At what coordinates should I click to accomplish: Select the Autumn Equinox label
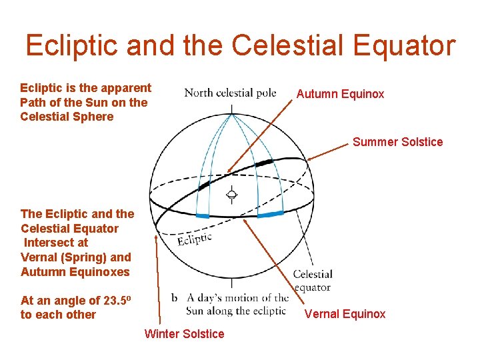[340, 94]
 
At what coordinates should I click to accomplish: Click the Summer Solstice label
[397, 141]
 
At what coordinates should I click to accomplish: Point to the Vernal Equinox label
[345, 314]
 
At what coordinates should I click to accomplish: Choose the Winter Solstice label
[184, 334]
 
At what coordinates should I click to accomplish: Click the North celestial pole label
[230, 93]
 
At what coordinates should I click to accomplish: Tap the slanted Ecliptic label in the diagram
[195, 238]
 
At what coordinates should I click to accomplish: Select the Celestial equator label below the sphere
[313, 281]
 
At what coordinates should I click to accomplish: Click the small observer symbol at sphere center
[232, 195]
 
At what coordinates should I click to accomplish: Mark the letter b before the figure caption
[175, 298]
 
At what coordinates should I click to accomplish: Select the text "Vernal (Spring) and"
[76, 257]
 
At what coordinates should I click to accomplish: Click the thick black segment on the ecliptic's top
[263, 162]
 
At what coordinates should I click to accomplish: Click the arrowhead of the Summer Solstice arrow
[309, 159]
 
